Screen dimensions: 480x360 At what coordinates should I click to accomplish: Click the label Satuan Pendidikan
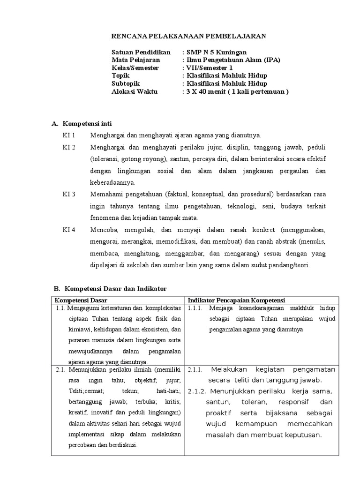pos(141,52)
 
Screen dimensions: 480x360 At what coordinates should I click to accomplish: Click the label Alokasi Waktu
pos(135,91)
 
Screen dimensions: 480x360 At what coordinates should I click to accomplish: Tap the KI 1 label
pos(69,135)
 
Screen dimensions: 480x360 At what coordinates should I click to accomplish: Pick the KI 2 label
pos(69,147)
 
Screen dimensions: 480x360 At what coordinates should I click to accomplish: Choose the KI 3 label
pos(69,194)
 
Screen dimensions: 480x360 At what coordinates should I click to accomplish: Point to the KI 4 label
pos(69,230)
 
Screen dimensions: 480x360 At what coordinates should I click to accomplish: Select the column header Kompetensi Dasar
pos(81,300)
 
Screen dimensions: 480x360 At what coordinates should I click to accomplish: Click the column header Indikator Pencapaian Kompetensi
pos(237,300)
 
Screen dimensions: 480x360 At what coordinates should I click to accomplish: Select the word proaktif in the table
pos(219,413)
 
